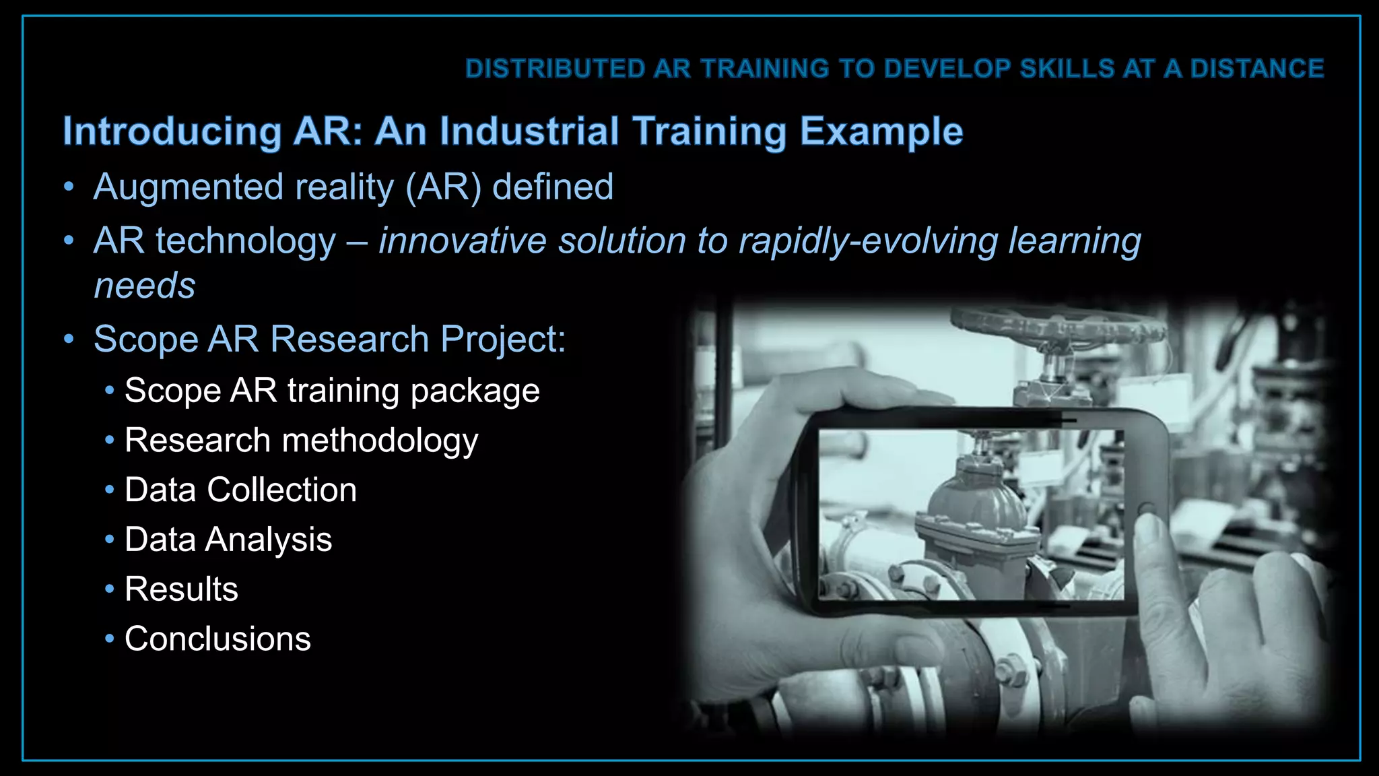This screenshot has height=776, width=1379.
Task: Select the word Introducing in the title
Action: pos(172,131)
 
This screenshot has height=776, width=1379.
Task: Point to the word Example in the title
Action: pos(881,131)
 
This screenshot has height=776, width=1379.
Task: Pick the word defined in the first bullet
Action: pos(553,187)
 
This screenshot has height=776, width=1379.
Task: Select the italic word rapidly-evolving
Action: pos(868,241)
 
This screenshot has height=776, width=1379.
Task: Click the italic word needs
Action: pos(145,286)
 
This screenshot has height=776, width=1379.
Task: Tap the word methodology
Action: pos(380,441)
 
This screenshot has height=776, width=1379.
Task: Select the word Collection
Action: pos(282,490)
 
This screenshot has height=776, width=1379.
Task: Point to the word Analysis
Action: pos(269,540)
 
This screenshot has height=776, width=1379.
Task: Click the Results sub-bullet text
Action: pos(181,589)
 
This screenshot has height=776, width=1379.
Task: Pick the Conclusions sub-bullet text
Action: pos(217,639)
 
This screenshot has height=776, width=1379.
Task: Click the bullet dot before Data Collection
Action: pos(110,490)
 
